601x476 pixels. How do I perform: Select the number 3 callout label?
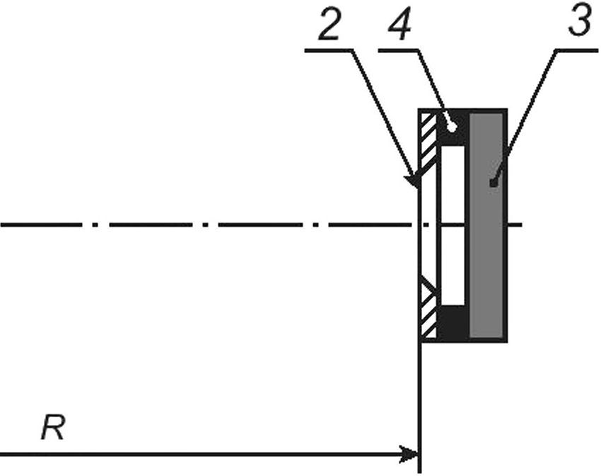pyautogui.click(x=579, y=22)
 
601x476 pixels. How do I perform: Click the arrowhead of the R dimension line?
pyautogui.click(x=409, y=455)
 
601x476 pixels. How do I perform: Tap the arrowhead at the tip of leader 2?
pyautogui.click(x=412, y=179)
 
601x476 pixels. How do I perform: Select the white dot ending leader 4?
pyautogui.click(x=452, y=127)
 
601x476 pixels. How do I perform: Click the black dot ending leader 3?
pyautogui.click(x=494, y=183)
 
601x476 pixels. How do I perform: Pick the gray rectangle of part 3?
pyautogui.click(x=486, y=226)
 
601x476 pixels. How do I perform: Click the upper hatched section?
pyautogui.click(x=428, y=142)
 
